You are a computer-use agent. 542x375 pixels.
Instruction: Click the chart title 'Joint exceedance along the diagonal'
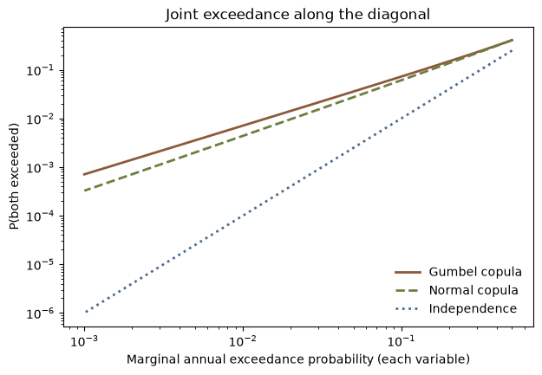(x=297, y=15)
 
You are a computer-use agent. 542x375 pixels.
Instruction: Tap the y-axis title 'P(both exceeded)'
(x=14, y=177)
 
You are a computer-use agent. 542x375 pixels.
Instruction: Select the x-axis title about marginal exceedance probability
(x=298, y=359)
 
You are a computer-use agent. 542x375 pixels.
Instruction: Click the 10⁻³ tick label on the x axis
(x=85, y=341)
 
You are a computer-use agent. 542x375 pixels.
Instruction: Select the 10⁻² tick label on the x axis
(x=244, y=341)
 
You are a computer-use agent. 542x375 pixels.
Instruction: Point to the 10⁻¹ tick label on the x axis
(x=402, y=341)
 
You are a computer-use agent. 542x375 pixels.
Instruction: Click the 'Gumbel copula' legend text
(x=475, y=272)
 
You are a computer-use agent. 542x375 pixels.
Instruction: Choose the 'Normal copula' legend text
(x=473, y=290)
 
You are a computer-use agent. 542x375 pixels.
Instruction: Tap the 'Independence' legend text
(x=473, y=308)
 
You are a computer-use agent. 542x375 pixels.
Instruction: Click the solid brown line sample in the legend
(x=408, y=273)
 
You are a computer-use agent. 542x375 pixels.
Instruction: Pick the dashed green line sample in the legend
(x=408, y=291)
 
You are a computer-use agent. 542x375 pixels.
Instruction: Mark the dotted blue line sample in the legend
(x=408, y=308)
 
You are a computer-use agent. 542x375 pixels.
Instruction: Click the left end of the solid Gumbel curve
(x=84, y=174)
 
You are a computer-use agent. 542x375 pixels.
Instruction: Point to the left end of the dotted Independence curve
(x=86, y=312)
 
